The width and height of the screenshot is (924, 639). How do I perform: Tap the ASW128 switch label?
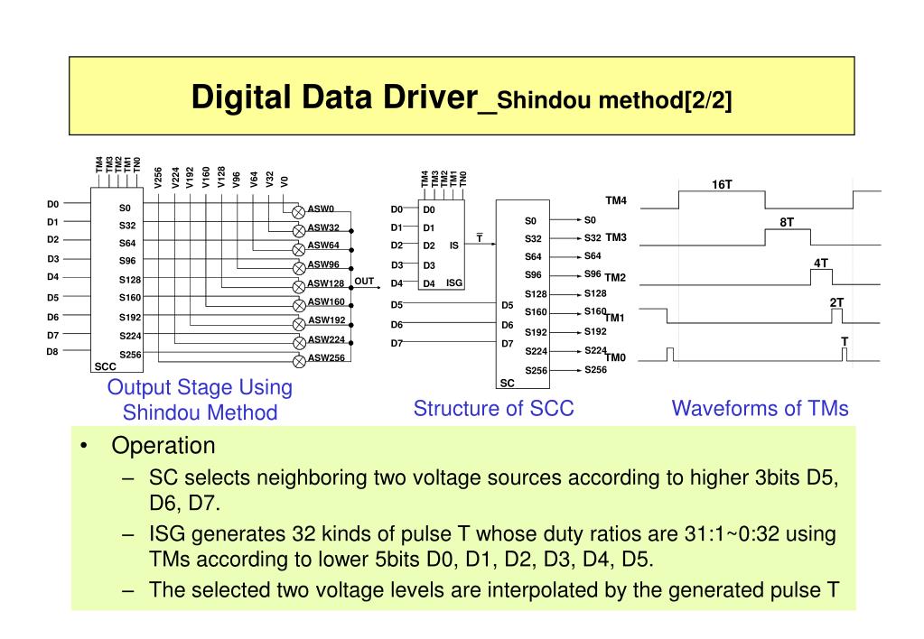click(x=326, y=283)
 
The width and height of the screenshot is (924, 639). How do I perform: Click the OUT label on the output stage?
click(x=364, y=282)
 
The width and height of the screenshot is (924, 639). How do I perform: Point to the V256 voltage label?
click(x=159, y=178)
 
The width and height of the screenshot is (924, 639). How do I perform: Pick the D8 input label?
click(x=52, y=352)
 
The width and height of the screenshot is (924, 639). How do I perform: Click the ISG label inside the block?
click(x=454, y=282)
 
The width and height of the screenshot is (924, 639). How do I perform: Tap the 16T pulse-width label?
click(x=722, y=185)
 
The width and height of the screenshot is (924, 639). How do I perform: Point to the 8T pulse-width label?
click(x=787, y=222)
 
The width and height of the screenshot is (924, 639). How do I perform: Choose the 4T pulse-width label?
click(x=820, y=263)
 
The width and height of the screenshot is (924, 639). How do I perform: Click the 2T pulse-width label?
click(x=836, y=302)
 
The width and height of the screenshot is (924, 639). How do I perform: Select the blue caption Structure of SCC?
click(x=493, y=409)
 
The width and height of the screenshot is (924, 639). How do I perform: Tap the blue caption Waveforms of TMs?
click(x=760, y=409)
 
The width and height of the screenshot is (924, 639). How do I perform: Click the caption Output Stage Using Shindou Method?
click(x=200, y=400)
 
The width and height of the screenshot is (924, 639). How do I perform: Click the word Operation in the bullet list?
click(x=163, y=446)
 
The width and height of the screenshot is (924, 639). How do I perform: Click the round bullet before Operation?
click(x=83, y=447)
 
